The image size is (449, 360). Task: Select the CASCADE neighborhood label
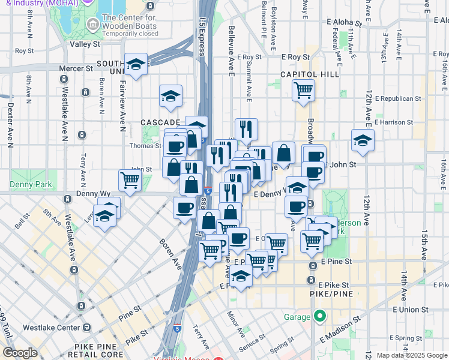[x=161, y=122]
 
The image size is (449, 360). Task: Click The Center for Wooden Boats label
[x=130, y=25]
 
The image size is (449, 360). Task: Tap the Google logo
[x=20, y=353]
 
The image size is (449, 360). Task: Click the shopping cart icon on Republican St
[x=304, y=91]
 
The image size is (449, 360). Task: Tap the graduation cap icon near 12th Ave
[x=363, y=140]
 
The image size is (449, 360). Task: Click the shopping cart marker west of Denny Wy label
[x=130, y=179]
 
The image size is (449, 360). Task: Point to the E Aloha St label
[x=345, y=22]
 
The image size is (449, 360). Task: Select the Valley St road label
[x=85, y=44]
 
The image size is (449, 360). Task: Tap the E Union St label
[x=411, y=310]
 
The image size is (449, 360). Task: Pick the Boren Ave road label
[x=170, y=251]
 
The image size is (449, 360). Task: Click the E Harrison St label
[x=393, y=122]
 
